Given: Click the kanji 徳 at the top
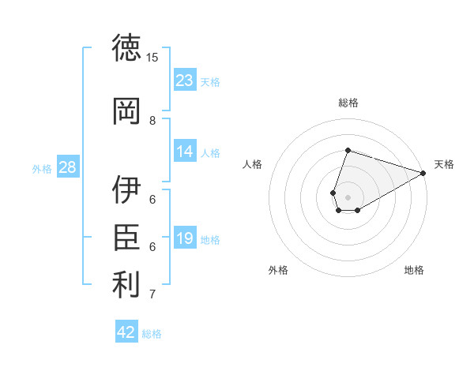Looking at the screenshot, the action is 126,47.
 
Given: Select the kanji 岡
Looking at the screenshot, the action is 126,111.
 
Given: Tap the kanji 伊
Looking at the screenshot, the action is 126,189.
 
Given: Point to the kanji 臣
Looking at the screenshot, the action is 126,237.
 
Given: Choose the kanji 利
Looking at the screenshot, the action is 126,284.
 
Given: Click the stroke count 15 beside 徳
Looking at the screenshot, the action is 152,58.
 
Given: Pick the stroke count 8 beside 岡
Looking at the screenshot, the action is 152,121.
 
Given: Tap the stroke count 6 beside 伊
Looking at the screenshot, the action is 152,200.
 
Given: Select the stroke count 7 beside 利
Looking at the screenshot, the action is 152,294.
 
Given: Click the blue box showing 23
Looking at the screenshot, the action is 185,80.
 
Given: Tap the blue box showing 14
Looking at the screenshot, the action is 185,151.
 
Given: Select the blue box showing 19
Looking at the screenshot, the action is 185,237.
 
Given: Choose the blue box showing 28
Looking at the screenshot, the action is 68,167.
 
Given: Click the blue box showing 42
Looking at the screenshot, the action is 126,331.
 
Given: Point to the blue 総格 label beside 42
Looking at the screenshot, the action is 152,334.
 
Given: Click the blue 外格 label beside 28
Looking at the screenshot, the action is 42,169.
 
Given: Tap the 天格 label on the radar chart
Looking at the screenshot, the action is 444,164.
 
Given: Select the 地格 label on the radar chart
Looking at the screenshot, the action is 414,270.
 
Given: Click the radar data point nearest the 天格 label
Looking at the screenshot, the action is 423,173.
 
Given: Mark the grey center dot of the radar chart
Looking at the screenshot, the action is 348,197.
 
